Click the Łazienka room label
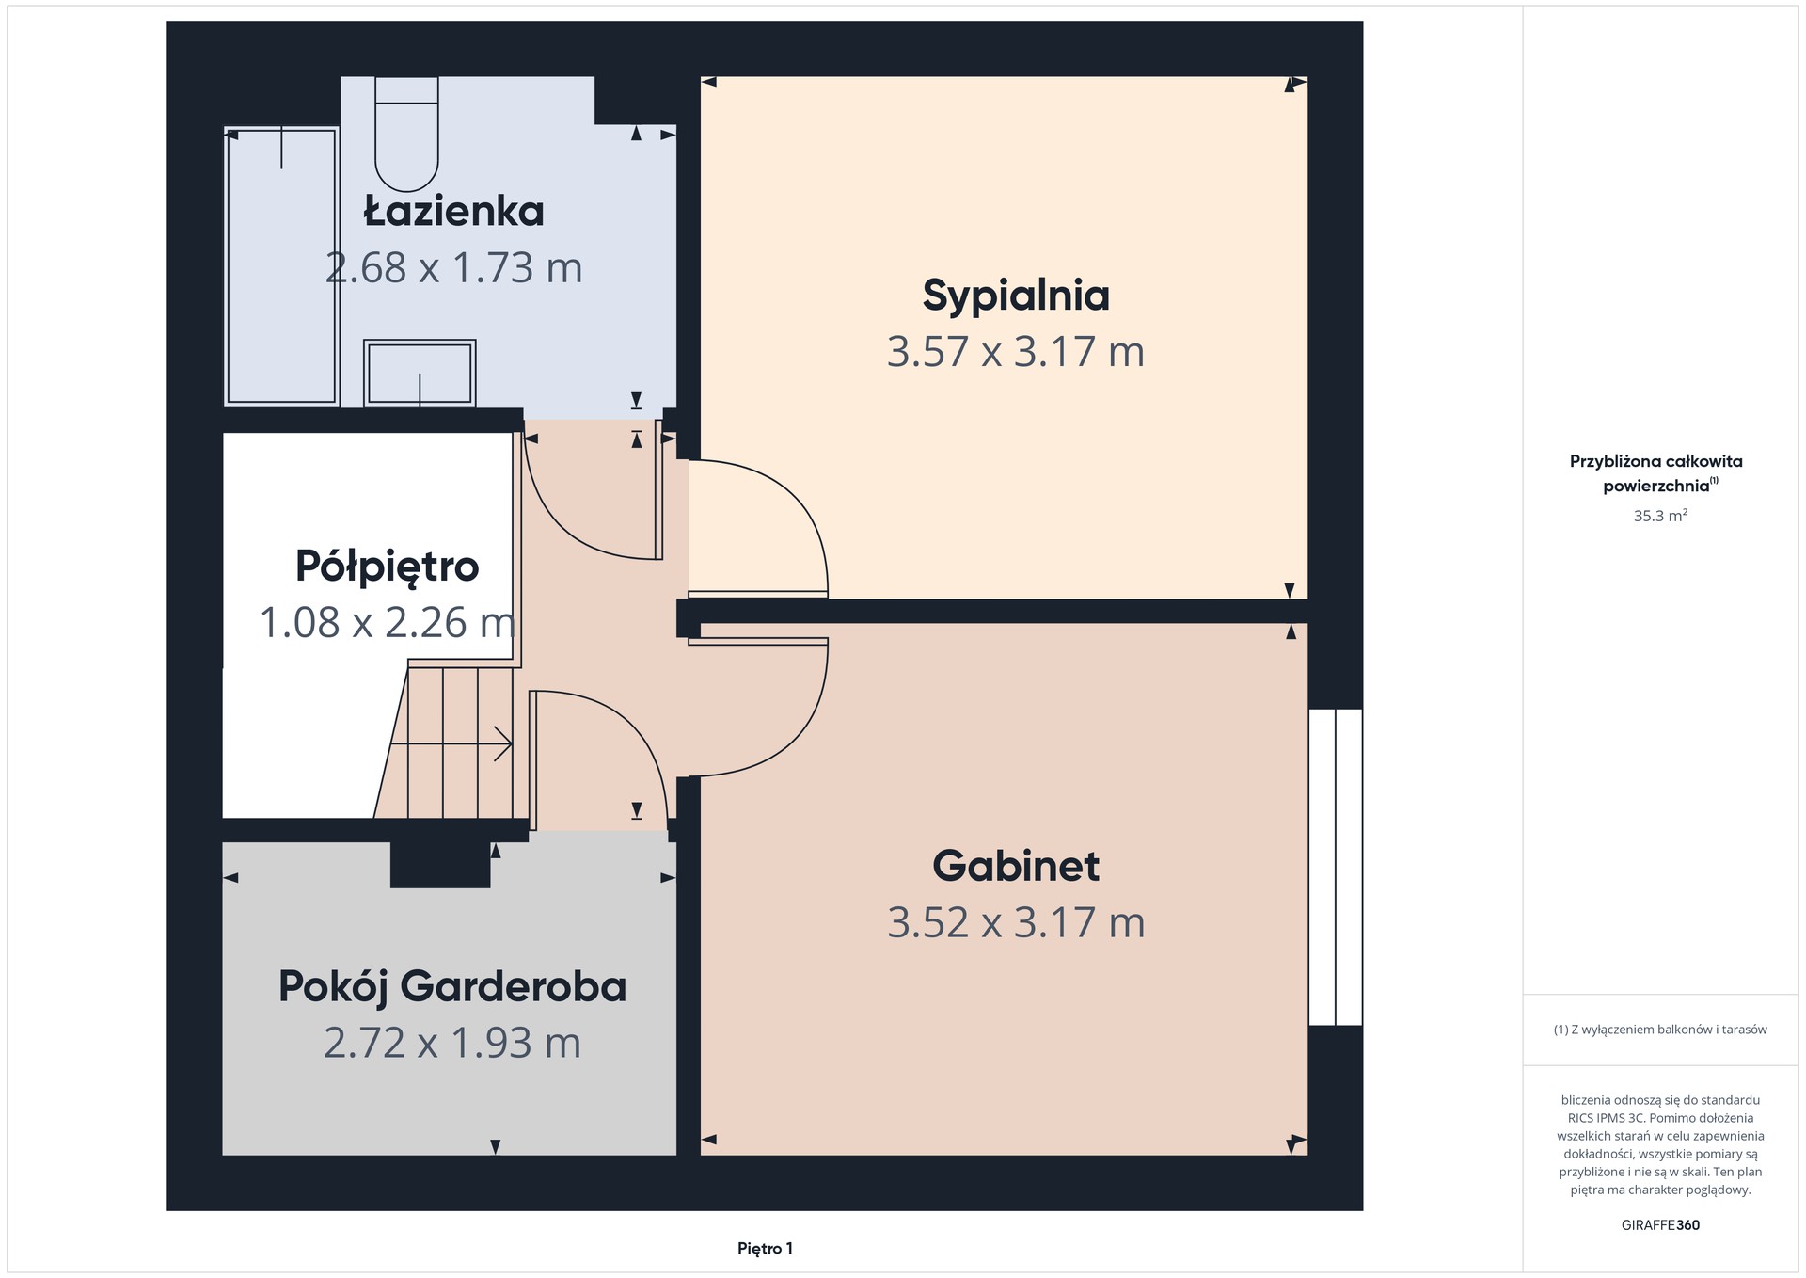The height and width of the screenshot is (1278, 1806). [x=454, y=211]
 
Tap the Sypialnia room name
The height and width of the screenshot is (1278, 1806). [x=1016, y=296]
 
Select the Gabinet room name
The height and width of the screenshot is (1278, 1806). [x=1016, y=866]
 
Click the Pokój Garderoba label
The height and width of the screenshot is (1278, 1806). [x=452, y=987]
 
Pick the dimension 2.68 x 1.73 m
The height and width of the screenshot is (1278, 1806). [x=454, y=267]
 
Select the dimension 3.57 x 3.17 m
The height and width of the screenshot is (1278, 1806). [x=1016, y=352]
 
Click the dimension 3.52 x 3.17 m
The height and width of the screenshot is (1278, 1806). [x=1016, y=922]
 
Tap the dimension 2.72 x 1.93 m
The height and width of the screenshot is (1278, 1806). [x=452, y=1043]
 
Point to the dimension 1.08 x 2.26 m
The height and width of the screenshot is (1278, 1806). [x=388, y=623]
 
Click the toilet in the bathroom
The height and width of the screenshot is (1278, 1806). [x=406, y=134]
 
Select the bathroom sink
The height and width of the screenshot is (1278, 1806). [x=420, y=373]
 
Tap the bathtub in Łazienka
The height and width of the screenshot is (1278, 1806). [x=281, y=266]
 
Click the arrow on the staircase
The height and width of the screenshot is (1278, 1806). [x=451, y=743]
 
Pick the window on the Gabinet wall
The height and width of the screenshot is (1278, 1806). [x=1336, y=867]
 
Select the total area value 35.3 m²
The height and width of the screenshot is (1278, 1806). [x=1660, y=516]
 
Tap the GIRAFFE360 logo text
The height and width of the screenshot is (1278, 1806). [x=1660, y=1225]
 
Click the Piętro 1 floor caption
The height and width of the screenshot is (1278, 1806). [x=765, y=1249]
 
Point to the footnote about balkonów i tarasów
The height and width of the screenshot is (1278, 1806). [x=1660, y=1030]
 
